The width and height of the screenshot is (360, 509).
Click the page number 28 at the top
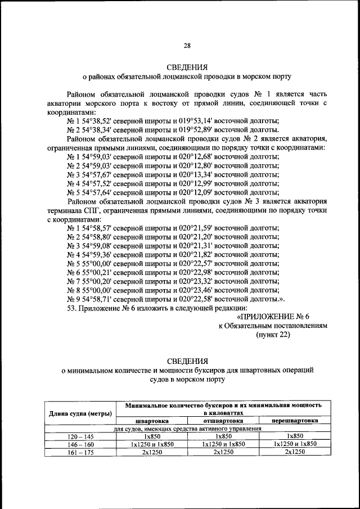(187, 46)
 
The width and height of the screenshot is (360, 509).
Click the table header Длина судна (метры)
(80, 414)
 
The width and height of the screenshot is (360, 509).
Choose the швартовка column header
(152, 420)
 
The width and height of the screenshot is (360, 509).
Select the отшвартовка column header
(223, 420)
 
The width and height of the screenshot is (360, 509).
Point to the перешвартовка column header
(294, 420)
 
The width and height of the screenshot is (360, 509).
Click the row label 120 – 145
(80, 436)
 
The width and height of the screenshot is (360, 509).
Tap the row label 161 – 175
(80, 452)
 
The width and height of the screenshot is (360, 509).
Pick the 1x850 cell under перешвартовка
(294, 436)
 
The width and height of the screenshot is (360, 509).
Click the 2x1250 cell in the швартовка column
(152, 452)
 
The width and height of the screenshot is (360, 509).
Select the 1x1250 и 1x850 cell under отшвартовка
(223, 444)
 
